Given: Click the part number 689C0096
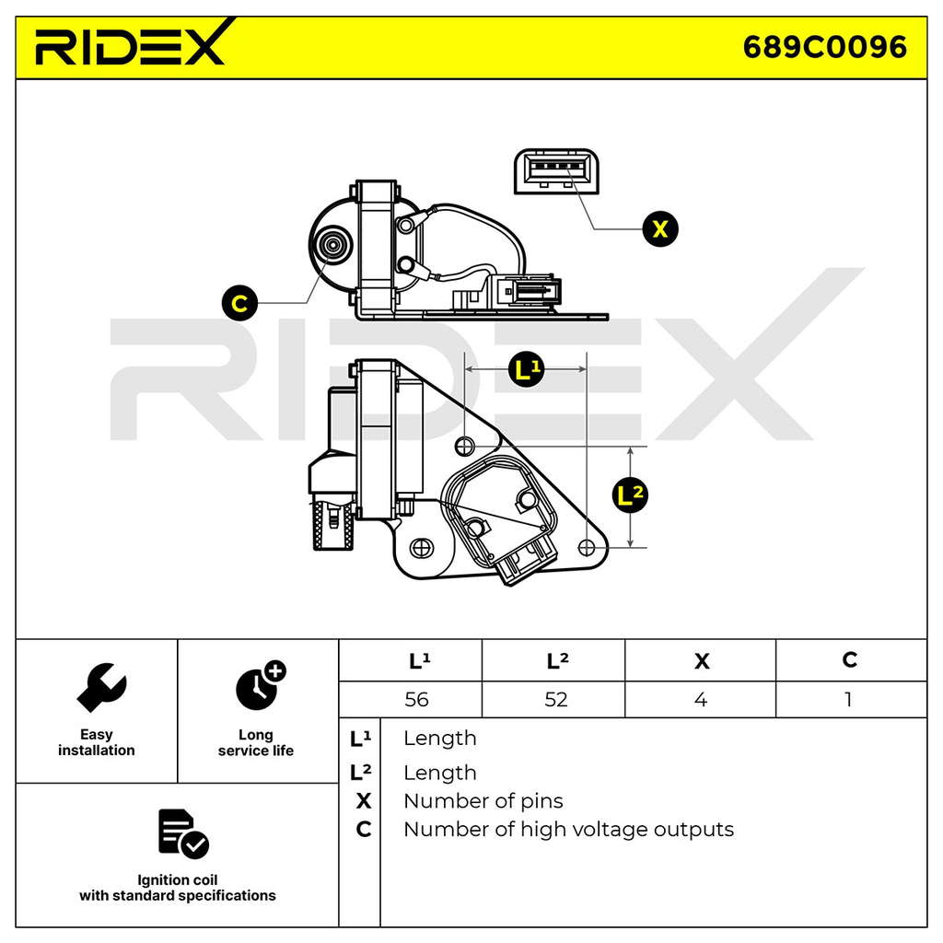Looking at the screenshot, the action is (824, 47).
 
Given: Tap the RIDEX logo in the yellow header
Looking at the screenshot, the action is (134, 43).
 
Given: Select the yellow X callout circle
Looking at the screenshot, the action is (659, 229).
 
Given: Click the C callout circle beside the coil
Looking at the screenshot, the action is (239, 303).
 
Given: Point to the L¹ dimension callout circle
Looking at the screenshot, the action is (526, 368).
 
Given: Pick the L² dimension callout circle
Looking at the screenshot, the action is (630, 495).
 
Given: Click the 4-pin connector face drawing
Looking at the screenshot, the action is (556, 171).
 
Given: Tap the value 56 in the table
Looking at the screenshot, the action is (416, 700).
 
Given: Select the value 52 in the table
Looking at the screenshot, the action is (555, 700).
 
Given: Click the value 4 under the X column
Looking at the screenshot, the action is (701, 700).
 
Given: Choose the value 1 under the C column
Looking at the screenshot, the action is (848, 700).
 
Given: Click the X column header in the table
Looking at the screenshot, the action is (701, 661).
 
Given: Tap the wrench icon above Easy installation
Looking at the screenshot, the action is (101, 687).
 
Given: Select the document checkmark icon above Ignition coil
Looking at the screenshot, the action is (183, 833).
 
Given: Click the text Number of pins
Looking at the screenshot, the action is (483, 801).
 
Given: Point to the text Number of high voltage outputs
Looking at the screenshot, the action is (568, 830).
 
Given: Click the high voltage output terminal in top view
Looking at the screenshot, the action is (332, 245).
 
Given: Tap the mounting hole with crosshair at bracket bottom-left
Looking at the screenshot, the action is (422, 548).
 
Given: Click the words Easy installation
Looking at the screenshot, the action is (96, 742).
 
